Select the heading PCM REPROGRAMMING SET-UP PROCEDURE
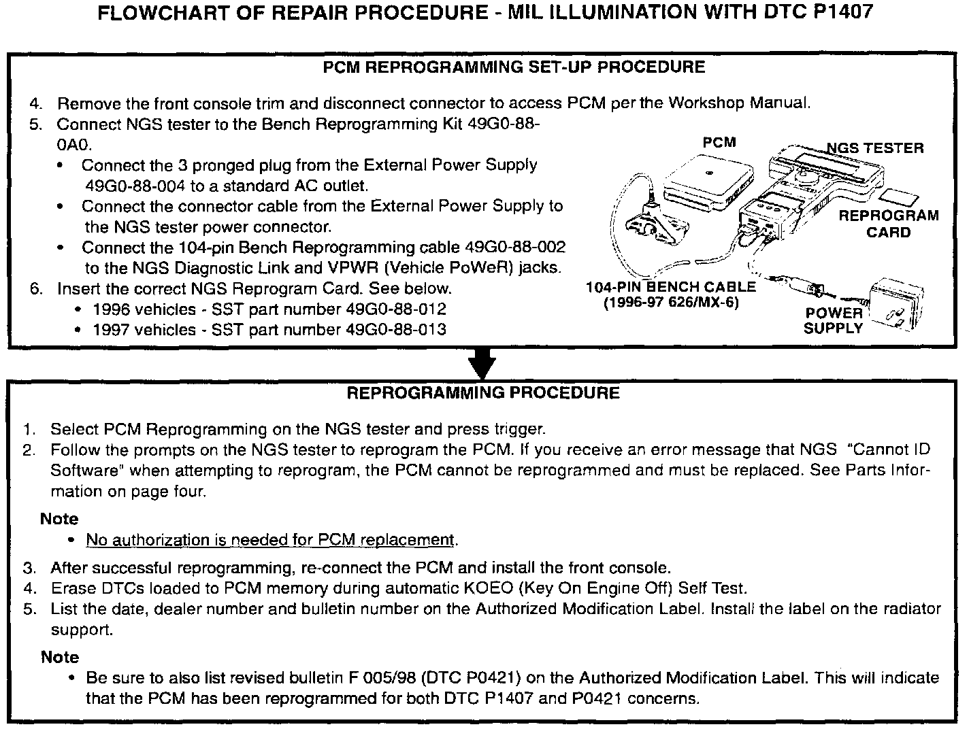point(514,67)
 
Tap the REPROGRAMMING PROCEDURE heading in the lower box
point(483,393)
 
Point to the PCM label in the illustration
point(719,142)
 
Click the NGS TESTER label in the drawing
point(875,148)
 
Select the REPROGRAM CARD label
point(888,224)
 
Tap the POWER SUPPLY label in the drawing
point(833,320)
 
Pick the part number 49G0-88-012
point(396,309)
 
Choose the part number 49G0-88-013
point(396,330)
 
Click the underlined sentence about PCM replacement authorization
point(269,540)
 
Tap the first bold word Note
point(59,519)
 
